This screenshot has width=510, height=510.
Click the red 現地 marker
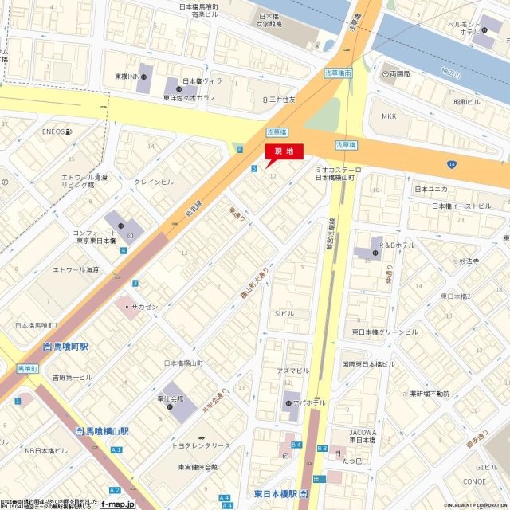284,151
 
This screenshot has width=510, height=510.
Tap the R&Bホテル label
396,245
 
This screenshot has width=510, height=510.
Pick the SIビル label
285,313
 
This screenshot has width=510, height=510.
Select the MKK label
389,116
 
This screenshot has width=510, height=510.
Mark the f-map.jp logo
121,504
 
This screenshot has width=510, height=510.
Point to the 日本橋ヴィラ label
202,81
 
